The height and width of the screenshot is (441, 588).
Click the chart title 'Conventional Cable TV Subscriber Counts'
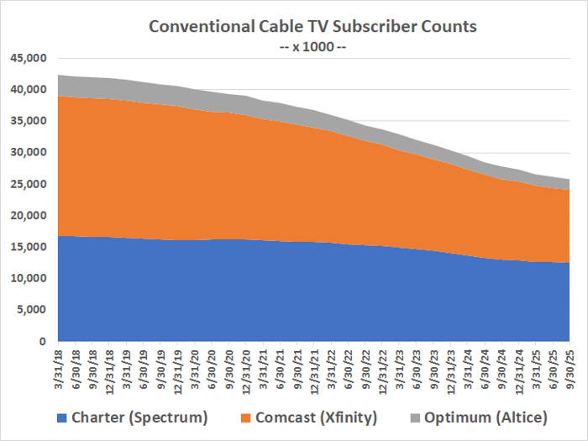312,26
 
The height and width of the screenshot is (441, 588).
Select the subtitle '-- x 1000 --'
312,46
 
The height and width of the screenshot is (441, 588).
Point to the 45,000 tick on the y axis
28,58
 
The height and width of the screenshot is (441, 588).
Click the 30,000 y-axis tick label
28,153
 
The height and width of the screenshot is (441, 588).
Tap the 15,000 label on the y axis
28,247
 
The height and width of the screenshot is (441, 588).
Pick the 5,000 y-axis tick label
31,310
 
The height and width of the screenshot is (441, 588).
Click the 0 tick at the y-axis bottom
42,342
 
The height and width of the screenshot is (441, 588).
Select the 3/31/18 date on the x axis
60,370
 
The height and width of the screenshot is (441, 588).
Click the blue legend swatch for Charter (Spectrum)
62,417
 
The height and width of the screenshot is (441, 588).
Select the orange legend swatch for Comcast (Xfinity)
244,417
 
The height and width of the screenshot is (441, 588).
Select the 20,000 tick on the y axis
28,216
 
